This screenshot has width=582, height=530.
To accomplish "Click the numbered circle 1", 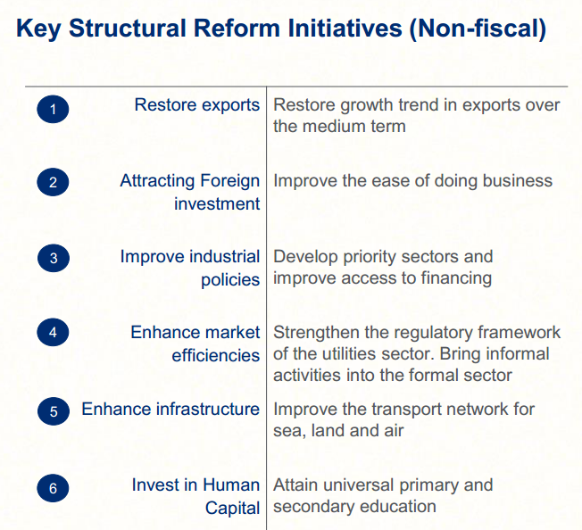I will pyautogui.click(x=53, y=110).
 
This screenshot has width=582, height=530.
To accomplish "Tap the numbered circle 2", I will pyautogui.click(x=53, y=183).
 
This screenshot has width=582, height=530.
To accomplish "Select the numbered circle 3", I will pyautogui.click(x=53, y=259).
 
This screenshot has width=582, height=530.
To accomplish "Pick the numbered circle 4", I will pyautogui.click(x=53, y=333).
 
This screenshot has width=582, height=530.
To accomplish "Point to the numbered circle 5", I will pyautogui.click(x=53, y=411).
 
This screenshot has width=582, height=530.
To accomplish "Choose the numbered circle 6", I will pyautogui.click(x=53, y=488).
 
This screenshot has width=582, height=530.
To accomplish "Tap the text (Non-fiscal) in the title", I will pyautogui.click(x=478, y=29).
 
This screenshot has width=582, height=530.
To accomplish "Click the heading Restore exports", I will pyautogui.click(x=196, y=105).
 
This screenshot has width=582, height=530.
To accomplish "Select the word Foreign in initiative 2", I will pyautogui.click(x=227, y=181).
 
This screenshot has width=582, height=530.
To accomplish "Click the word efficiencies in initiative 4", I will pyautogui.click(x=216, y=355).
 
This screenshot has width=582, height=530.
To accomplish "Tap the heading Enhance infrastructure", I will pyautogui.click(x=170, y=410).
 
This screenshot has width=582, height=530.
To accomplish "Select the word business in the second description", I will pyautogui.click(x=518, y=181).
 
